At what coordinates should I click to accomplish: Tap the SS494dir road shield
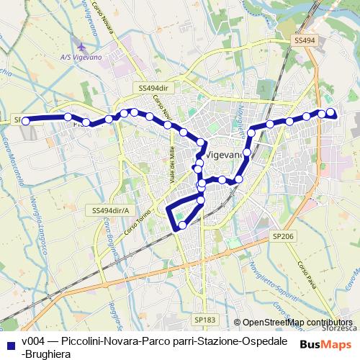pyautogui.click(x=153, y=87)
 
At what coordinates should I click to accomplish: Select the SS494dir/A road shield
pyautogui.click(x=110, y=210)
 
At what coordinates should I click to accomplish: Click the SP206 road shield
pyautogui.click(x=282, y=235)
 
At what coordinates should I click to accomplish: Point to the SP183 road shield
pyautogui.click(x=204, y=318)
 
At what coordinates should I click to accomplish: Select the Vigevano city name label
pyautogui.click(x=228, y=155)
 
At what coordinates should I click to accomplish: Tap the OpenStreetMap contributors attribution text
pyautogui.click(x=297, y=323)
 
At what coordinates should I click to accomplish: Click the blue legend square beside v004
pyautogui.click(x=9, y=342)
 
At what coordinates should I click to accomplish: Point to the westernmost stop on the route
pyautogui.click(x=26, y=121)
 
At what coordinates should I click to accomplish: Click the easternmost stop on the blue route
pyautogui.click(x=331, y=112)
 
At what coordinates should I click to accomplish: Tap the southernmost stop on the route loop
pyautogui.click(x=182, y=225)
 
